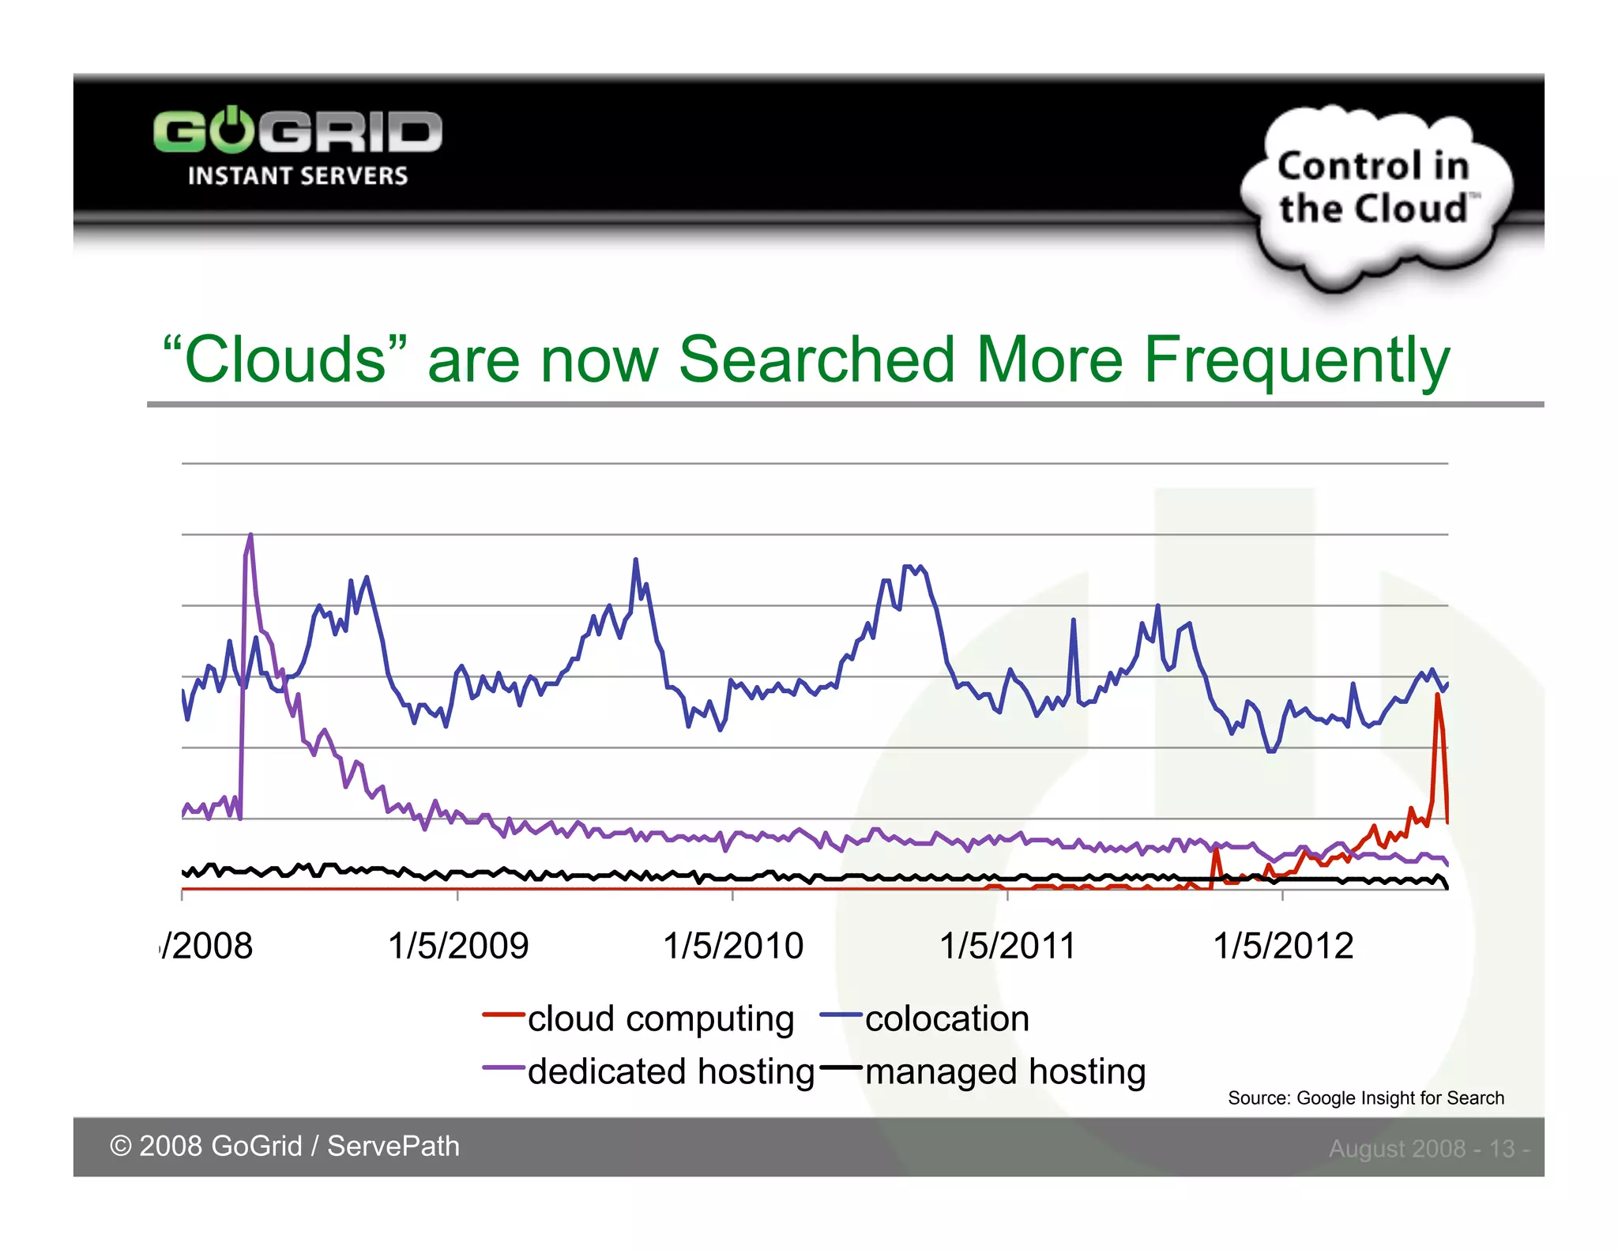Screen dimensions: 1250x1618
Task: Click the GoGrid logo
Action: [x=297, y=131]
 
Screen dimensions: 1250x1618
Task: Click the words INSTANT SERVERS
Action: [x=297, y=175]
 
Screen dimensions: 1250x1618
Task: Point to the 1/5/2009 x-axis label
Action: [x=457, y=946]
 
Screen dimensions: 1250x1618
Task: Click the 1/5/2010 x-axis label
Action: [x=732, y=946]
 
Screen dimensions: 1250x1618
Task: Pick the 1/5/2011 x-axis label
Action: [x=1007, y=946]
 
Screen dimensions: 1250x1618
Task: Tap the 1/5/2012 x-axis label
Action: [x=1282, y=946]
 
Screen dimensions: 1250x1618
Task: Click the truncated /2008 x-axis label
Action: [x=207, y=946]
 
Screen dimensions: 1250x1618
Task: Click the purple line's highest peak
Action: [x=250, y=537]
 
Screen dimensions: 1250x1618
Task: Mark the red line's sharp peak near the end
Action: [x=1437, y=695]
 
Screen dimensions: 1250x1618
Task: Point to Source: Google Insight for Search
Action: [x=1365, y=1098]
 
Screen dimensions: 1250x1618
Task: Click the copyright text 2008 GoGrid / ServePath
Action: [x=284, y=1146]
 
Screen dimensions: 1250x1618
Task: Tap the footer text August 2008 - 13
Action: [x=1428, y=1148]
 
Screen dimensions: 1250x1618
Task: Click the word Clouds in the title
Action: [x=284, y=360]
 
